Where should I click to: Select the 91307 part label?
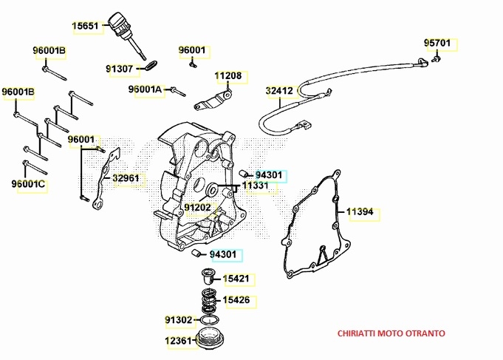point(120,69)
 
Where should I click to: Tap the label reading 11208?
point(228,76)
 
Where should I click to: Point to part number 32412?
point(280,92)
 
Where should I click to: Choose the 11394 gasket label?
point(361,212)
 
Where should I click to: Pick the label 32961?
point(126,178)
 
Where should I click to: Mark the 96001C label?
point(29,183)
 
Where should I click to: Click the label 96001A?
point(146,89)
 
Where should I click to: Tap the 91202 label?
point(198,208)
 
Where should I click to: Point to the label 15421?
point(236,279)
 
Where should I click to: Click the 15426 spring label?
point(236,300)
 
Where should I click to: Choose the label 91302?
point(179,320)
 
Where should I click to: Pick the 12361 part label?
point(178,341)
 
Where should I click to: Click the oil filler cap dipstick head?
point(117,20)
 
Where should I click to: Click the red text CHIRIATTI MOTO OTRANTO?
point(391,333)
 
